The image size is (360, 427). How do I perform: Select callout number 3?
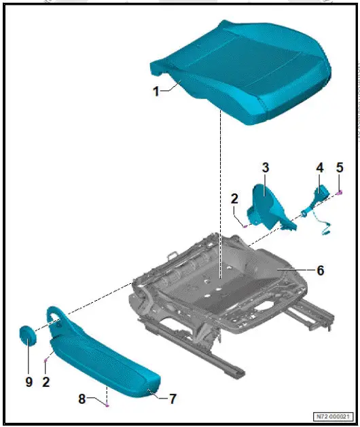pos(266,166)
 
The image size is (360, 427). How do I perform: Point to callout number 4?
pos(319,166)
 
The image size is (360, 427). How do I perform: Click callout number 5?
pos(340,167)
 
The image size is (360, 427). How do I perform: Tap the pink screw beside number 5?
pos(338,193)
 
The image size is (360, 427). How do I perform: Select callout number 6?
pos(320,270)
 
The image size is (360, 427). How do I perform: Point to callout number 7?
pos(173,399)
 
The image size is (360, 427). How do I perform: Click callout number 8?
pos(82,399)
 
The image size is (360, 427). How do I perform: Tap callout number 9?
pos(29,382)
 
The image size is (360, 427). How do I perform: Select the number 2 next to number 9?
pos(46,382)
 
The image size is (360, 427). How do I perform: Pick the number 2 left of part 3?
pos(234,199)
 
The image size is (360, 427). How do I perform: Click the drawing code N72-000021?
pos(333,416)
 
